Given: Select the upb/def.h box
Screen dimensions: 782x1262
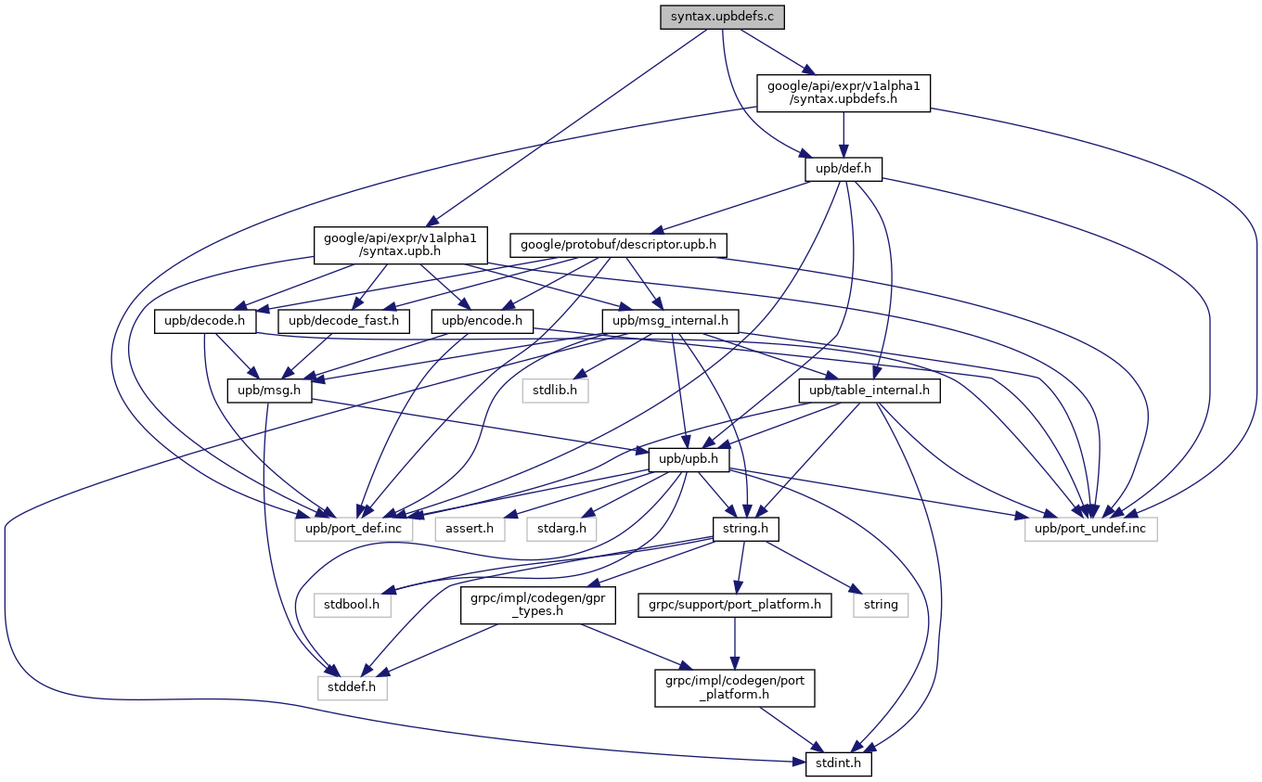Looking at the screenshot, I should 843,169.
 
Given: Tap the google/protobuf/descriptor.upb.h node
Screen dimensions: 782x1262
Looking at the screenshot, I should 618,245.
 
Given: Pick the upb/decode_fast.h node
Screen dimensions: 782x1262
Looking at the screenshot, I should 344,322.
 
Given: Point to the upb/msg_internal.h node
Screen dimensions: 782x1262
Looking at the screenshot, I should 670,322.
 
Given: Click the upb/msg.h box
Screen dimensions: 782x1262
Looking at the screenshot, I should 270,391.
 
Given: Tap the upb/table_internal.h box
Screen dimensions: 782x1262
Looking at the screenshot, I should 869,391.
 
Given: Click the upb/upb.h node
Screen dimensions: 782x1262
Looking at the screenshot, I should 689,460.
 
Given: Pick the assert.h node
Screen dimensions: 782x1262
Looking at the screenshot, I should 470,529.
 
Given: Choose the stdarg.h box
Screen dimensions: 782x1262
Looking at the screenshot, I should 562,529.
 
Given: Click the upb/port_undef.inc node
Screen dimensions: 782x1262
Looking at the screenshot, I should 1091,529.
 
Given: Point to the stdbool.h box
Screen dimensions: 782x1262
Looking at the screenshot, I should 353,605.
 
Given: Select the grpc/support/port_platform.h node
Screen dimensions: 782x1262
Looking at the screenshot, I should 734,605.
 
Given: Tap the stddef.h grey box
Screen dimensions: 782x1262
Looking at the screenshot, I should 353,687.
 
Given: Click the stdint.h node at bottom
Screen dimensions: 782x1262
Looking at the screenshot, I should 832,764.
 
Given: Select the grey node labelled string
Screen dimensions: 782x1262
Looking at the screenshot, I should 881,605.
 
